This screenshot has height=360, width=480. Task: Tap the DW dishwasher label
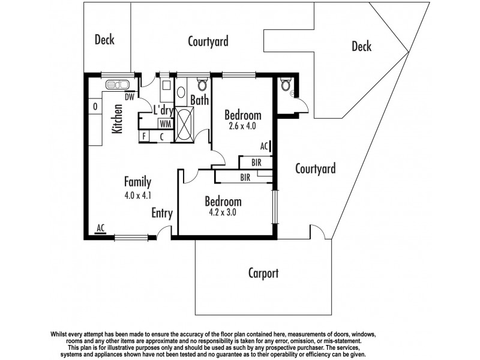point(129,97)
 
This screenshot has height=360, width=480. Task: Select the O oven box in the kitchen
point(95,107)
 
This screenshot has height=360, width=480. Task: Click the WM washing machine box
point(164,123)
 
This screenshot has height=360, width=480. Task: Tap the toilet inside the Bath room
point(202,84)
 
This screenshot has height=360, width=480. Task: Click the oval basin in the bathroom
point(182,93)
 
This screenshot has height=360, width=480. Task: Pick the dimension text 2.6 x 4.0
point(242,126)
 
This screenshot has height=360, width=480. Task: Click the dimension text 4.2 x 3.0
point(223,212)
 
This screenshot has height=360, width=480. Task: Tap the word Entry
point(162,213)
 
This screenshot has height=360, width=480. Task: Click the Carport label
point(263,274)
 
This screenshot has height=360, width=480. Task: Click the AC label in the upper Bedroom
point(264,145)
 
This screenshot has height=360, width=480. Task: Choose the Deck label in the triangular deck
point(361,47)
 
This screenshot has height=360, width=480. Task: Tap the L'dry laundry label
point(163,110)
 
